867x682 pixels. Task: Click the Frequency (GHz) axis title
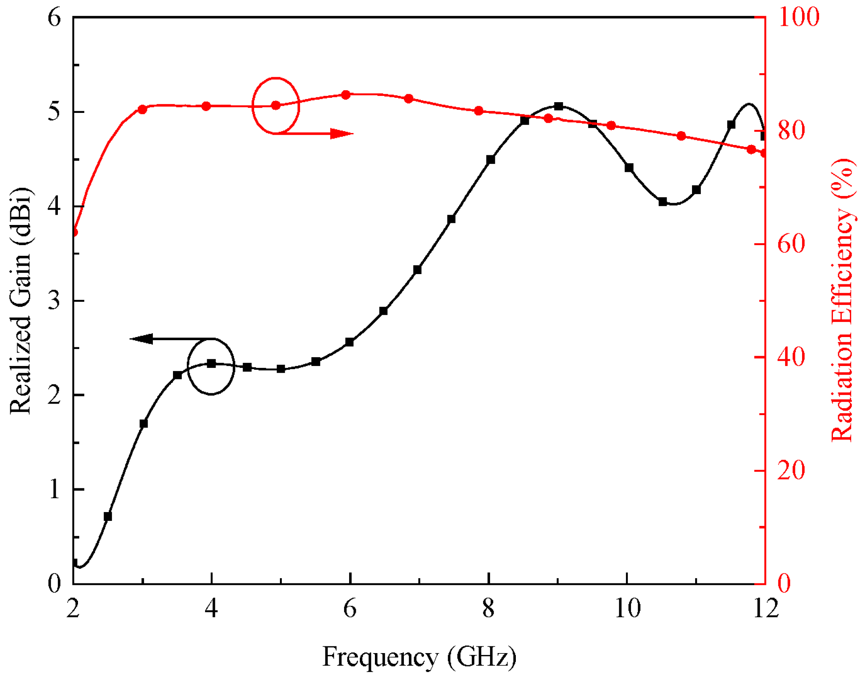coord(419,657)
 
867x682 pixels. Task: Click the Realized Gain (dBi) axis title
coord(21,301)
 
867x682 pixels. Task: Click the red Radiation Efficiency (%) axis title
coord(843,299)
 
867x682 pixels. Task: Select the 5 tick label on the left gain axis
coord(53,112)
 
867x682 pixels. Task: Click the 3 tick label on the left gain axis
coord(53,300)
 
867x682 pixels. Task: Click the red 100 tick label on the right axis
coord(799,17)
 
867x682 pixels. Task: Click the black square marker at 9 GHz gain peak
coord(559,106)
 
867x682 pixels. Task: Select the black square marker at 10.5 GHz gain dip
coord(663,202)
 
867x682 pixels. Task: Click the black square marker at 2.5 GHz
coord(108,517)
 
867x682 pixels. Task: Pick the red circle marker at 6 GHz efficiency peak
coord(346,95)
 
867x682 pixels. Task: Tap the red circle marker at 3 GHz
coord(143,109)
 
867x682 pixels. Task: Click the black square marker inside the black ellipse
coord(211,363)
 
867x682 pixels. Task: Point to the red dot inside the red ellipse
coord(276,105)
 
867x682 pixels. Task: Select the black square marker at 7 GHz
coord(418,270)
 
